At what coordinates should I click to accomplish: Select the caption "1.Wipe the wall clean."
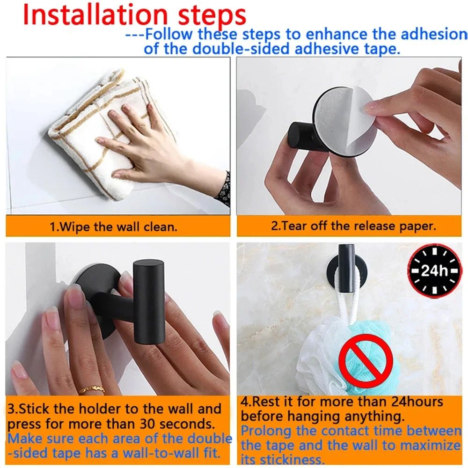114,228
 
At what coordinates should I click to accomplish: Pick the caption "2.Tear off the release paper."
353,226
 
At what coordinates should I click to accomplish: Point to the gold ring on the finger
91,389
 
